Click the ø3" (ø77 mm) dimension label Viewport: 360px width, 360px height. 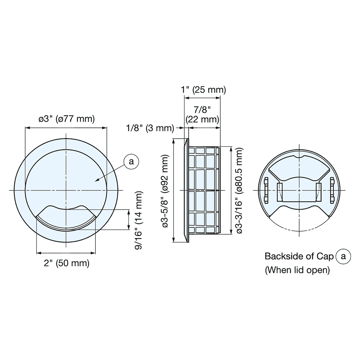66,119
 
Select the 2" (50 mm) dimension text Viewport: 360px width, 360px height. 66,263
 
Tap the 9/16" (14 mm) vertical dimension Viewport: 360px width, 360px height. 139,220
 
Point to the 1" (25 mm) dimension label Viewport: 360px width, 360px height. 203,90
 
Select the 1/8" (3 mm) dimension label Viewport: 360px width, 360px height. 150,128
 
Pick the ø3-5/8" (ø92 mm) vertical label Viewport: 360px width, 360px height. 166,191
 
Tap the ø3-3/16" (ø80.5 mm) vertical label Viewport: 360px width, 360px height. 238,191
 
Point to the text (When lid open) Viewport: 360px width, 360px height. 297,270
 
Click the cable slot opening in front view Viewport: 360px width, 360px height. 66,218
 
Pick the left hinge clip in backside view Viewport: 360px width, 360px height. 266,190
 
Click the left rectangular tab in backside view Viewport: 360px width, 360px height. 280,190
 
